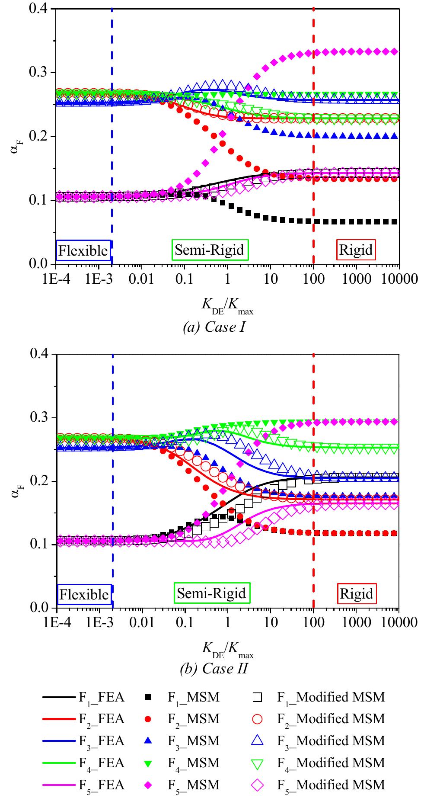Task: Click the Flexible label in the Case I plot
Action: coord(83,250)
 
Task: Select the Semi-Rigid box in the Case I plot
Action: coord(210,250)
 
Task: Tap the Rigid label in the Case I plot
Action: coord(356,250)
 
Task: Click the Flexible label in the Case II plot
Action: coord(84,594)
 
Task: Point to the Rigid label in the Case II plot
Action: coord(357,593)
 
